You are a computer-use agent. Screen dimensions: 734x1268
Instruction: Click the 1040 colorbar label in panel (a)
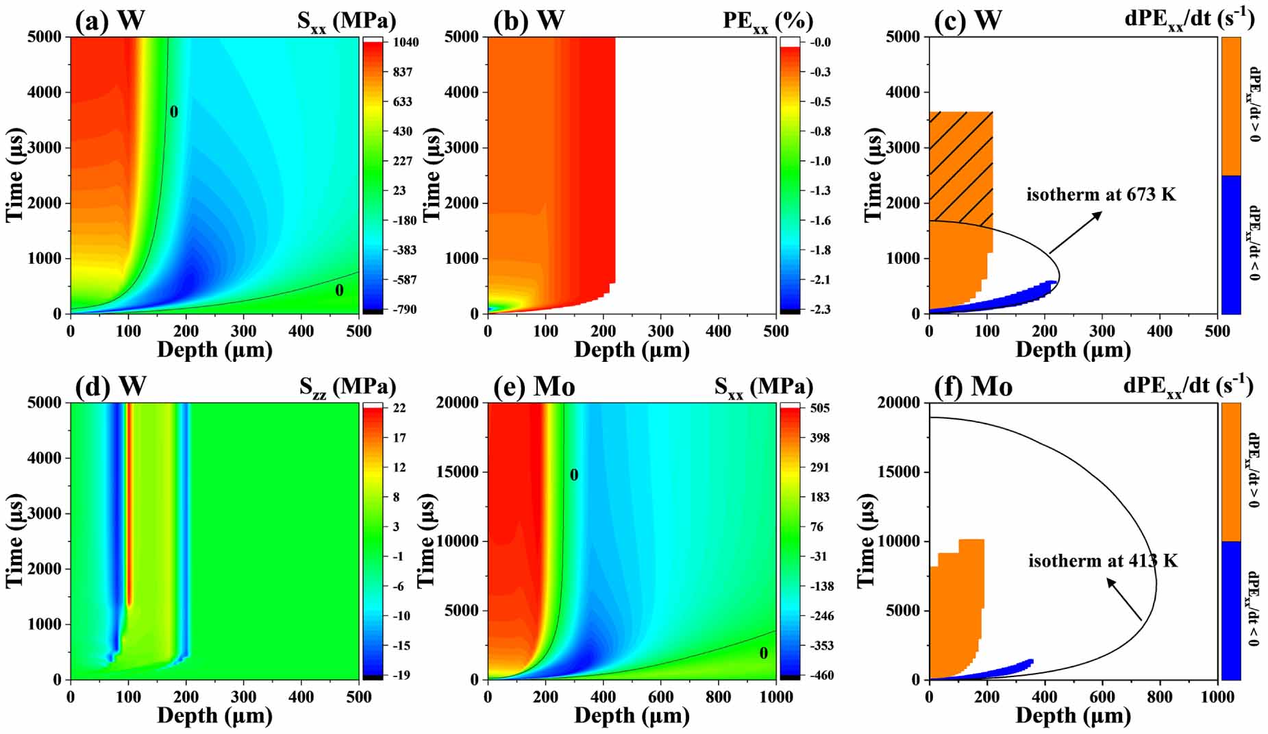[x=406, y=42]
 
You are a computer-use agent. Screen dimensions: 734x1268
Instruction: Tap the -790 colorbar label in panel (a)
[x=404, y=310]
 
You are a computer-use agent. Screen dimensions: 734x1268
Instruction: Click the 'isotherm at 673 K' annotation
[x=1101, y=195]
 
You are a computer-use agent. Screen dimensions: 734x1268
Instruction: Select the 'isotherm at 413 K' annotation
[x=1103, y=561]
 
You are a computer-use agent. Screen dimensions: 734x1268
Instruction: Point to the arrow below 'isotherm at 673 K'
[x=1075, y=232]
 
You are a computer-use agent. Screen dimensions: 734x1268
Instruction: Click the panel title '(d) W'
[x=110, y=387]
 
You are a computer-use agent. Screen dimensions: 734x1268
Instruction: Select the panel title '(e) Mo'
[x=534, y=387]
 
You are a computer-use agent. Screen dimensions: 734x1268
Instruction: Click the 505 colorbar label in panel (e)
[x=819, y=408]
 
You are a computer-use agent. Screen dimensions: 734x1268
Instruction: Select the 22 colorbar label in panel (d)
[x=399, y=408]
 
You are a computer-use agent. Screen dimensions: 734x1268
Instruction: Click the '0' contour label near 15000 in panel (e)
[x=574, y=475]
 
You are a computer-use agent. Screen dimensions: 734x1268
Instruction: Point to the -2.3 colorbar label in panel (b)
[x=821, y=310]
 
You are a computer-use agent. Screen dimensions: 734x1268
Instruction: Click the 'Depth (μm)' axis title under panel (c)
[x=1073, y=350]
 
